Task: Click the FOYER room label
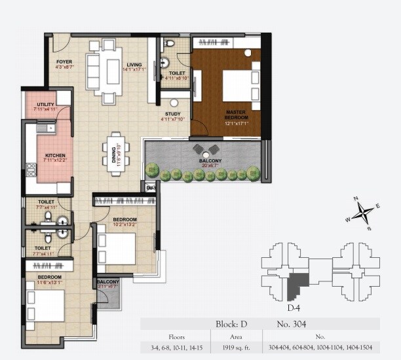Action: [64, 62]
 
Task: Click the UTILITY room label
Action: [45, 104]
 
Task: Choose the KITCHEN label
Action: [46, 154]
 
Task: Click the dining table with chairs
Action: [117, 152]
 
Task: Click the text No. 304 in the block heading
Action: [289, 324]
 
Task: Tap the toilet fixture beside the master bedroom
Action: [170, 44]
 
